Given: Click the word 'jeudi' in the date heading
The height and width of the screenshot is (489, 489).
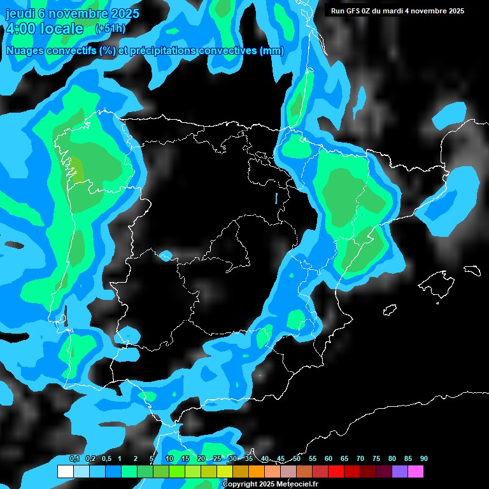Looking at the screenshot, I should click(20, 13).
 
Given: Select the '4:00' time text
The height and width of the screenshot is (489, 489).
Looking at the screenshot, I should click(20, 29).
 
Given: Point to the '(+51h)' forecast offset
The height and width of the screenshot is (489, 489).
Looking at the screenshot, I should click(110, 29).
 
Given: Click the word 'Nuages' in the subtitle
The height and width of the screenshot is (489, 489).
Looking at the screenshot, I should click(24, 51).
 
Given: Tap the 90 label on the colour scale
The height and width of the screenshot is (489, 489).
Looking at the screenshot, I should click(423, 458).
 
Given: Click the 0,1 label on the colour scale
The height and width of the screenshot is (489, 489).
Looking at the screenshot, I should click(74, 458).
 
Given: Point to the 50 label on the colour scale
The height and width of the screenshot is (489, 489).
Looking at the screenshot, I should click(297, 458).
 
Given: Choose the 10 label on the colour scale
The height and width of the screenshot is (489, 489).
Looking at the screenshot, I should click(169, 458).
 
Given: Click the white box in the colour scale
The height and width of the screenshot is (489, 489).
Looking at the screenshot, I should click(65, 472).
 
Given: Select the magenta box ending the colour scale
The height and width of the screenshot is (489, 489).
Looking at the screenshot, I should click(415, 472).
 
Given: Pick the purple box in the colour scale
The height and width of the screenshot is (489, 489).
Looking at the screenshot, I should click(399, 472).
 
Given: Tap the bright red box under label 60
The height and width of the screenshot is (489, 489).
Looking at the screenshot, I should click(336, 472).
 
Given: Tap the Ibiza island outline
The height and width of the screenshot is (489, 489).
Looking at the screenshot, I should click(390, 310).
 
